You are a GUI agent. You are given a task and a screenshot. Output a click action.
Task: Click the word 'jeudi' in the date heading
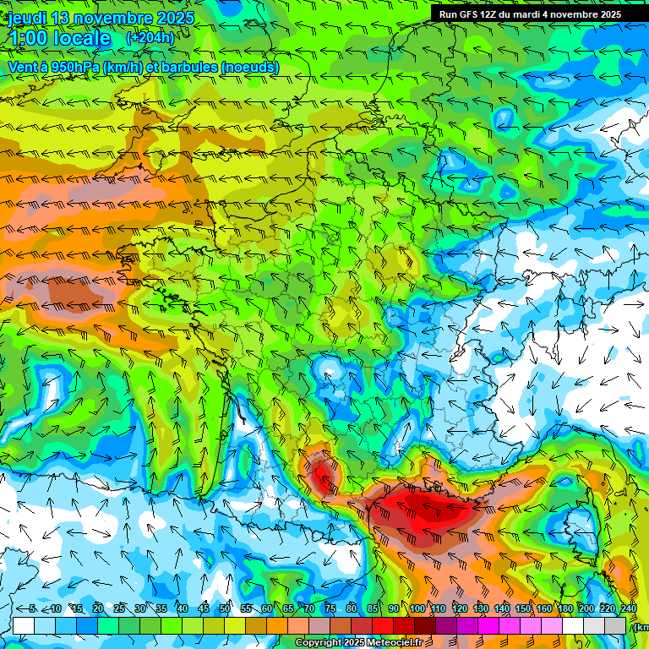(x=28, y=18)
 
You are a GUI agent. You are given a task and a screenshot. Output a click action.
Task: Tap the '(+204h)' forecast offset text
(x=150, y=37)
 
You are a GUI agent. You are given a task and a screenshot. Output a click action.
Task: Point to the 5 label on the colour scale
(x=32, y=608)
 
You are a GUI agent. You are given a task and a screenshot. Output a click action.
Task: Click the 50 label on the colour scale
(x=225, y=608)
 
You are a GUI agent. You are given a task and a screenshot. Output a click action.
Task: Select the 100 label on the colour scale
(x=417, y=608)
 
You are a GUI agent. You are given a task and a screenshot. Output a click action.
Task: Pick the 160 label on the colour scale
(x=545, y=608)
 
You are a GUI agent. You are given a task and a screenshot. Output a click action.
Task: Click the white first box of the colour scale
(x=23, y=625)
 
